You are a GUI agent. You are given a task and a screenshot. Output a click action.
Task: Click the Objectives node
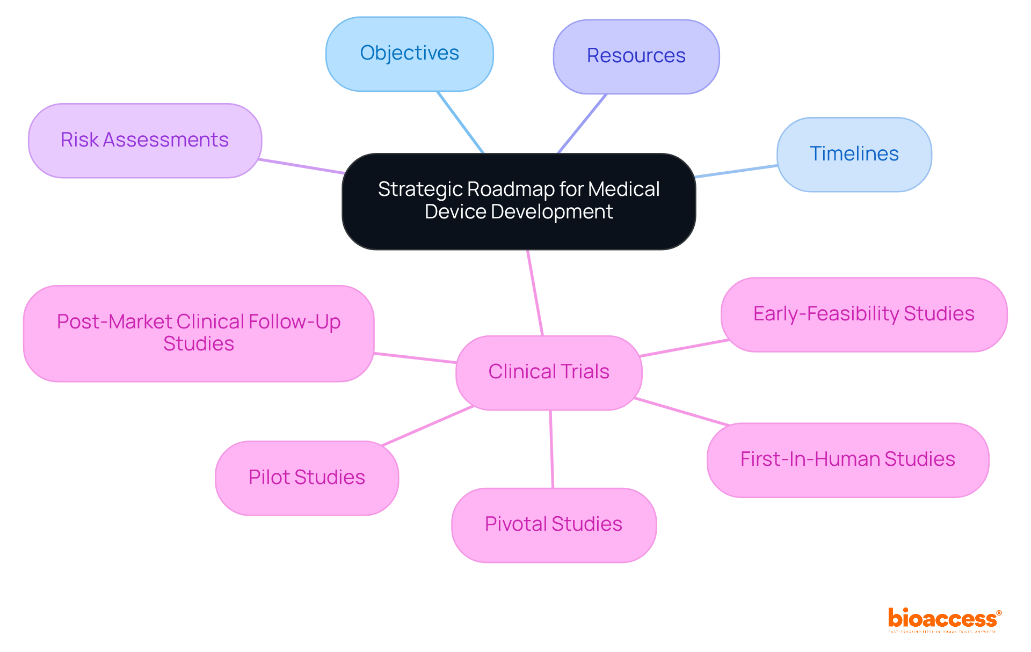(410, 54)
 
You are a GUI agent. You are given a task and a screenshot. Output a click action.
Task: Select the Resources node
(636, 56)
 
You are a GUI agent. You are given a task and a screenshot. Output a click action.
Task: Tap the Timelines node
(854, 154)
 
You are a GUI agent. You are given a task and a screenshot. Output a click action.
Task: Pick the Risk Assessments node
(145, 140)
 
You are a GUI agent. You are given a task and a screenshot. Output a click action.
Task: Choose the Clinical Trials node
(549, 372)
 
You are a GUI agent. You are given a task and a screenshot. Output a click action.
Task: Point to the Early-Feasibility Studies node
(864, 314)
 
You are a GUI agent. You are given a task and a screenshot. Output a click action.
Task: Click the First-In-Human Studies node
(848, 460)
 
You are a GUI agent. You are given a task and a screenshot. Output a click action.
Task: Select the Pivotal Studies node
(554, 525)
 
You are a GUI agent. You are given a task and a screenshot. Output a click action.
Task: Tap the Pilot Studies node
(307, 478)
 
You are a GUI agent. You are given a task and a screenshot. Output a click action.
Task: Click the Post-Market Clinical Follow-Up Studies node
(199, 333)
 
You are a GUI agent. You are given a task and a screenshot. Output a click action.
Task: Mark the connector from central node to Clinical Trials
(535, 293)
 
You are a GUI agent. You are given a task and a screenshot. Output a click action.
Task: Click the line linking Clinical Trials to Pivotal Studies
(551, 449)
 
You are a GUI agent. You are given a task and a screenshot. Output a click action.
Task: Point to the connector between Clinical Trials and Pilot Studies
(427, 425)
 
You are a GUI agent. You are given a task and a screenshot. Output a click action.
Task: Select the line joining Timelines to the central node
(736, 171)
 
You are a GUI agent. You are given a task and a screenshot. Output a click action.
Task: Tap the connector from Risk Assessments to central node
(301, 166)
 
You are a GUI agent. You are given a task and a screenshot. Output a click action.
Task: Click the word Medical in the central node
(623, 189)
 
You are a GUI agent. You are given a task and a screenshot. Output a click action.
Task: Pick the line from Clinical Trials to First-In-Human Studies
(681, 412)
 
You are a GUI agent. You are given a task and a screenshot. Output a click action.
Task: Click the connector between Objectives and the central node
(460, 122)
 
